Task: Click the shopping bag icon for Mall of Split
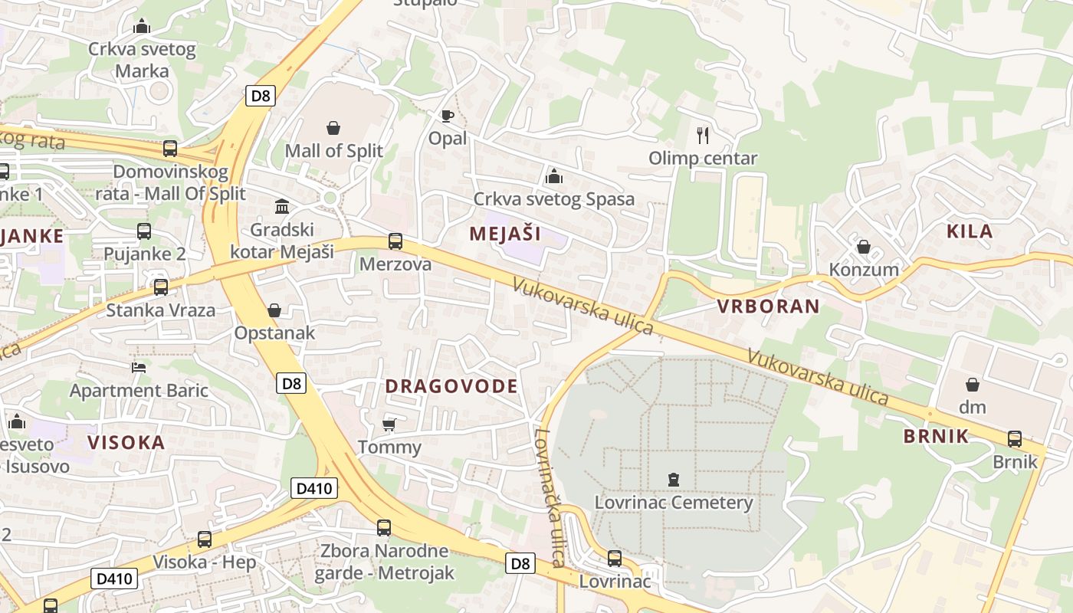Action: (333, 128)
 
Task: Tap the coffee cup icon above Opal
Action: (448, 116)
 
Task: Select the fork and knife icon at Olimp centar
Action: (703, 136)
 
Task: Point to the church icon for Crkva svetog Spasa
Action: (554, 177)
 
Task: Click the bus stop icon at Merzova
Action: (395, 241)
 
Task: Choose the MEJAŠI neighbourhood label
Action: (505, 234)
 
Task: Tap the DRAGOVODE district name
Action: (451, 386)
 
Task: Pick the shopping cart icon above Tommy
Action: (389, 425)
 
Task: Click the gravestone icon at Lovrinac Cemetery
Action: (674, 480)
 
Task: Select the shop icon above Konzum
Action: (864, 247)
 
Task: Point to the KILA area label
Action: (970, 231)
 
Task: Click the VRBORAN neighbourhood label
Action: (768, 306)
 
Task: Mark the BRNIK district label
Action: (936, 437)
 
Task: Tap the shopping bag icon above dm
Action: (973, 384)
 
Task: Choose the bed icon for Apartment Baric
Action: (139, 368)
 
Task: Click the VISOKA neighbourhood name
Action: (126, 442)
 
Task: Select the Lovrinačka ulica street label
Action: (550, 497)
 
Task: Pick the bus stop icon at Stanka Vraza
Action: (161, 287)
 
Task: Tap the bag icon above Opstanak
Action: (274, 310)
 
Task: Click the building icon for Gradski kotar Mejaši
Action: (282, 207)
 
